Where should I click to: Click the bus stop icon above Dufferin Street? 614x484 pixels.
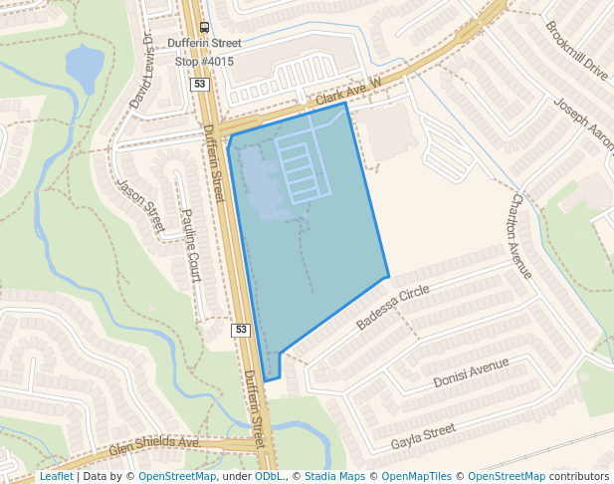pos(204,28)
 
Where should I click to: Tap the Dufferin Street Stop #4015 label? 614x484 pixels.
pos(204,52)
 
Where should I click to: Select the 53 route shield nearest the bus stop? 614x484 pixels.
pos(200,86)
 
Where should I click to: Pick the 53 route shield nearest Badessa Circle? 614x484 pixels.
pos(240,330)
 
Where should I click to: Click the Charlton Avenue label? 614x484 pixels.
pos(522,236)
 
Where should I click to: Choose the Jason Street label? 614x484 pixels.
pos(140,205)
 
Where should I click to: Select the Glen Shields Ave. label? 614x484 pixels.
pos(154,445)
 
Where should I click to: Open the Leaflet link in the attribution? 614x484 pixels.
pos(56,477)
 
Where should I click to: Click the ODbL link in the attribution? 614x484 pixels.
pos(268,477)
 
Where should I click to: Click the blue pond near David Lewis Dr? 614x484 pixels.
pos(85,67)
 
